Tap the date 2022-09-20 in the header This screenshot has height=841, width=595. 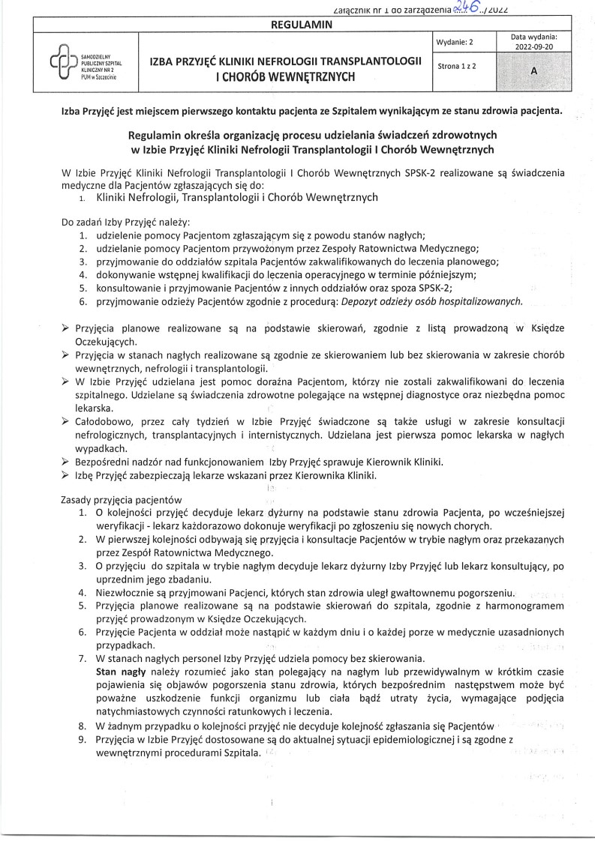(533, 46)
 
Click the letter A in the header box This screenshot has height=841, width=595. (533, 70)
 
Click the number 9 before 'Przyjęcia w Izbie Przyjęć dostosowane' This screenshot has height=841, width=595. (83, 740)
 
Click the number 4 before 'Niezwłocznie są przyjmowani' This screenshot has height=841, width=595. (83, 592)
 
